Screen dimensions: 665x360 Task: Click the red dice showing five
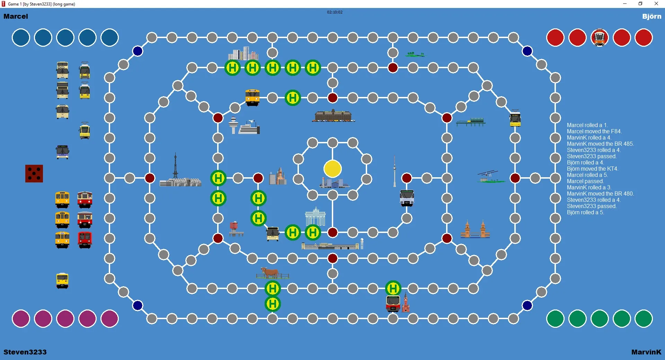click(34, 173)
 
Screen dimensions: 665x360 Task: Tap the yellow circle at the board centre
click(332, 169)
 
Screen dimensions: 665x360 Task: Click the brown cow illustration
click(270, 272)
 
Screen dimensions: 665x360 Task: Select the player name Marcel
click(16, 16)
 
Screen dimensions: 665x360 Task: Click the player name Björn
click(652, 16)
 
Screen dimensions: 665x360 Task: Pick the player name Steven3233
click(25, 352)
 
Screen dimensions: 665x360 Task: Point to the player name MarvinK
click(646, 352)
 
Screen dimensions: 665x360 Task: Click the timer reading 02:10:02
click(335, 12)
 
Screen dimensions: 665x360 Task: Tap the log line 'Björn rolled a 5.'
click(585, 213)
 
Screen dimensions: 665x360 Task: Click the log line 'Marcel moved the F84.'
click(594, 132)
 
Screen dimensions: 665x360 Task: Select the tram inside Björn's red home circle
click(600, 37)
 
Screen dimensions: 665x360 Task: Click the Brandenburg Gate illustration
click(316, 216)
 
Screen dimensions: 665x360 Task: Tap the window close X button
click(656, 4)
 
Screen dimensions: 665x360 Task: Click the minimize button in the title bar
click(625, 4)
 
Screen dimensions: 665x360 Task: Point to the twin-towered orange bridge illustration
click(475, 229)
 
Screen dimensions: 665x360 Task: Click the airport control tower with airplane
click(244, 126)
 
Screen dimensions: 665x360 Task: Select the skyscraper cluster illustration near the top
click(243, 54)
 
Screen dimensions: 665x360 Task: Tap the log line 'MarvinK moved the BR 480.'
click(600, 194)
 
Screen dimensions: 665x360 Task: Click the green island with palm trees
click(416, 54)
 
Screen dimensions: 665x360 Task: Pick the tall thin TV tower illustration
click(394, 171)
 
